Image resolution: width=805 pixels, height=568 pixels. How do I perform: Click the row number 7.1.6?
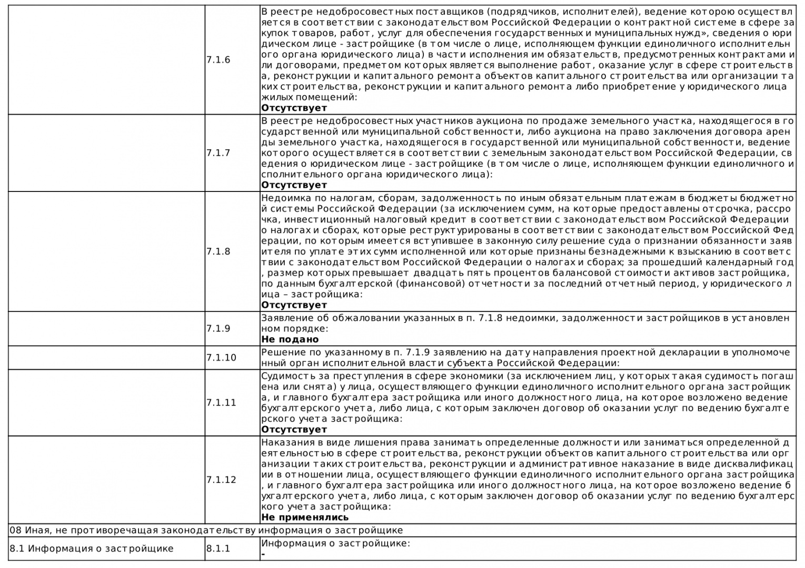pos(218,60)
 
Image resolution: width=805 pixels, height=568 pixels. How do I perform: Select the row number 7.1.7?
pos(218,153)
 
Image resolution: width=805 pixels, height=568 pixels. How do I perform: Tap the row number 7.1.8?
pos(218,251)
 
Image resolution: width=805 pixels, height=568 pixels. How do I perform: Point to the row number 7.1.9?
pos(218,329)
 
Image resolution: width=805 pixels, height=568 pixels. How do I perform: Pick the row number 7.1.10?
pos(221,358)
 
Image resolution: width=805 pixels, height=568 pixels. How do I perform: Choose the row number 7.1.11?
pos(221,403)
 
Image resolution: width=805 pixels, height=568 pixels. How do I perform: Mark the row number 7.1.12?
pos(221,480)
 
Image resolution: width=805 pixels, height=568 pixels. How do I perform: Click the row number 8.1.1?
pos(218,549)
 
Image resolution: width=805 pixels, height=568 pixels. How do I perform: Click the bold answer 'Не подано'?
pos(290,339)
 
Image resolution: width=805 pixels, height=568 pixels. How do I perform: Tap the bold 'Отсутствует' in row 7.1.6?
pos(294,108)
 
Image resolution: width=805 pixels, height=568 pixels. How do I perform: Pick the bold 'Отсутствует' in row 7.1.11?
pos(294,430)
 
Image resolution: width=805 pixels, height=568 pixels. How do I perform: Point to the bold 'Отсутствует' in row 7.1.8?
pos(294,305)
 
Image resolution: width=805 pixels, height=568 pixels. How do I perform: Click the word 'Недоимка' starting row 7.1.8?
pos(282,198)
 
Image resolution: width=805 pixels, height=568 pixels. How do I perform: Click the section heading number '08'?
pos(15,530)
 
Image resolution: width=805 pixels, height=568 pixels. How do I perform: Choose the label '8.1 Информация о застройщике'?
pos(91,549)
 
